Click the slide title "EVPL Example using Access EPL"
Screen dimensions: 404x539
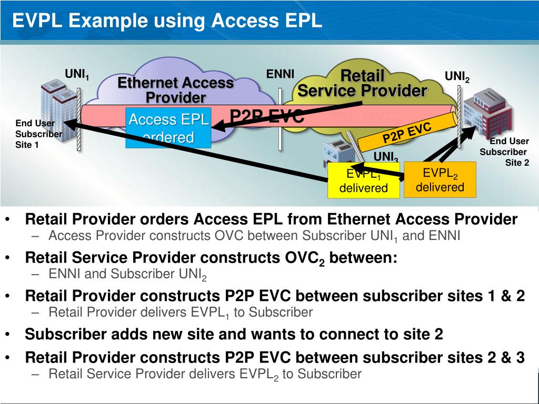tap(167, 21)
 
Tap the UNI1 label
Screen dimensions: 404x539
tap(77, 75)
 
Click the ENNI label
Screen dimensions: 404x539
tap(280, 74)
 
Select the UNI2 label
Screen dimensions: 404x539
tap(457, 77)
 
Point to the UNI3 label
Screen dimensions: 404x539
tap(386, 157)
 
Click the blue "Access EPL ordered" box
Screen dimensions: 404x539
tap(168, 128)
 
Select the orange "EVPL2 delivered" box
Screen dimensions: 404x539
tap(440, 179)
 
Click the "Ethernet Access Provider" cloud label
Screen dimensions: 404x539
tap(175, 90)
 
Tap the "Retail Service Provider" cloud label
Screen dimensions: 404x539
tap(362, 83)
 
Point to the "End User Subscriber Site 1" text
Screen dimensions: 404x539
tap(37, 134)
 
